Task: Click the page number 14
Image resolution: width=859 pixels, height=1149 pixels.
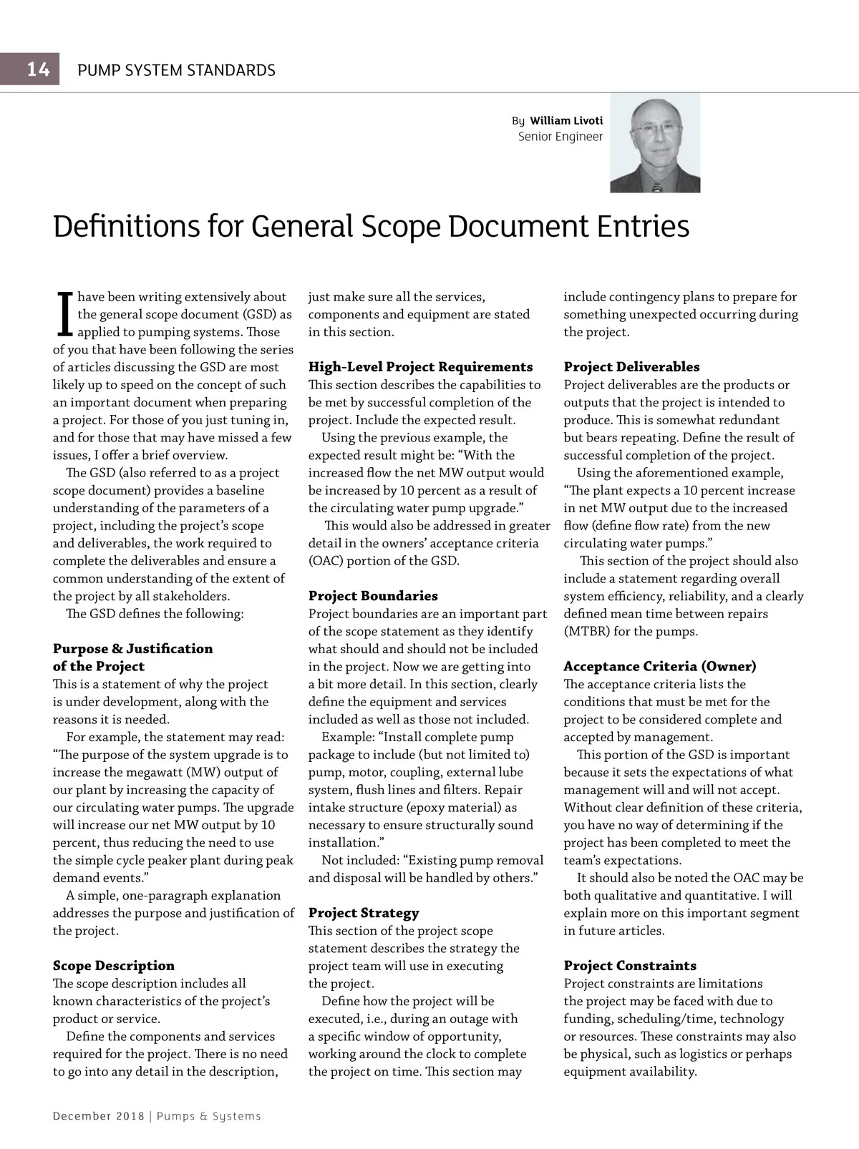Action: coord(38,69)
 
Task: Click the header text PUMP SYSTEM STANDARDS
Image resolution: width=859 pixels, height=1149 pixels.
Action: coord(176,70)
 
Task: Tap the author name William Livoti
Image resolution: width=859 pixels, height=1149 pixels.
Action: coord(566,121)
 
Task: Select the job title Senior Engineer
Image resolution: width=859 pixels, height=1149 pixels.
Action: coord(560,137)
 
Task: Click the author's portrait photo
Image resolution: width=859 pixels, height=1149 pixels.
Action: coord(654,144)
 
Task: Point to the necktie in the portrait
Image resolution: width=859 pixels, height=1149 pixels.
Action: coord(656,187)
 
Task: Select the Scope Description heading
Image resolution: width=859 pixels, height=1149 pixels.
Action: coord(114,966)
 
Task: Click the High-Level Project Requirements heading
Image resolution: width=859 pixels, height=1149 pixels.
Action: coord(420,367)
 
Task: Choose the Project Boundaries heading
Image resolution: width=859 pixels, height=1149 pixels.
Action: coord(373,596)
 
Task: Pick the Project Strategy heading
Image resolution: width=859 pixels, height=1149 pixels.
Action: coord(364,913)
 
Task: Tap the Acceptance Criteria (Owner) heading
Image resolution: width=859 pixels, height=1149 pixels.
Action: coord(659,667)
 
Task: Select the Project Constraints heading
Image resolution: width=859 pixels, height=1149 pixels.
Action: coord(630,966)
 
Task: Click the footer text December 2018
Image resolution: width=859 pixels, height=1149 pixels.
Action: coord(98,1116)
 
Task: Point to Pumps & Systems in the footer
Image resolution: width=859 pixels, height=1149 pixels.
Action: coord(208,1116)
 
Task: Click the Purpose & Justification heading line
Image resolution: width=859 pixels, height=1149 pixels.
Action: coord(132,649)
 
